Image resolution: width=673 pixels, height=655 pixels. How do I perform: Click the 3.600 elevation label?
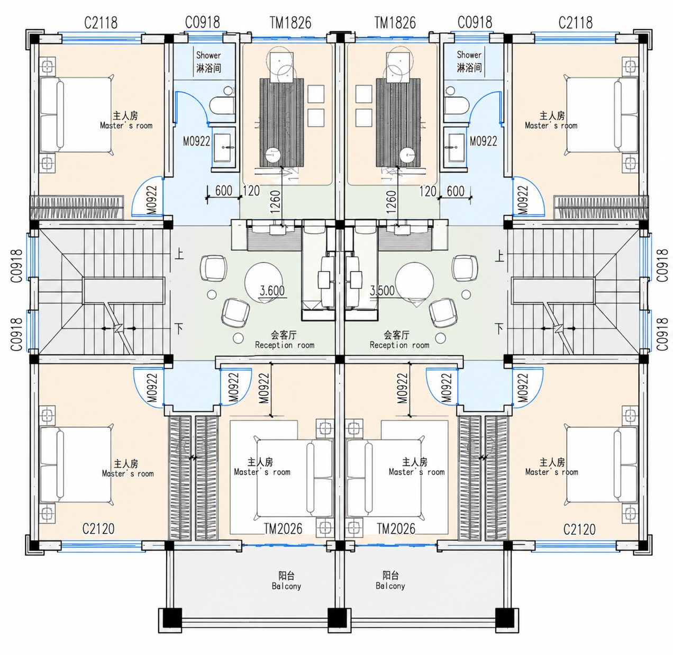tap(272, 291)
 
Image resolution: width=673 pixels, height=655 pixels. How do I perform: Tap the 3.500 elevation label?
tap(382, 291)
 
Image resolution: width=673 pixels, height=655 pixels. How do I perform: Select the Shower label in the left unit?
tap(208, 56)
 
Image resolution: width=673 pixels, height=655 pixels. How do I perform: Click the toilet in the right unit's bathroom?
tap(456, 105)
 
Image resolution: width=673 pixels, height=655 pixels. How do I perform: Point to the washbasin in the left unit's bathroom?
tap(222, 148)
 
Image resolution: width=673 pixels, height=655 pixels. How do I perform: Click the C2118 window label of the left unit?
tap(101, 23)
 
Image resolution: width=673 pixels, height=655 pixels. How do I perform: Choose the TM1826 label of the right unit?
tap(395, 23)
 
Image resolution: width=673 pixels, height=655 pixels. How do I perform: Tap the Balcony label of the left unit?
tap(286, 586)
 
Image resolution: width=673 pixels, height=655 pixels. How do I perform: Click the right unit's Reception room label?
tap(399, 345)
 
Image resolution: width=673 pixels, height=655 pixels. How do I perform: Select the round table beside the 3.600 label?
tap(264, 282)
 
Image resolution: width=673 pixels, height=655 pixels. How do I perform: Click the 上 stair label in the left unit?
tap(179, 255)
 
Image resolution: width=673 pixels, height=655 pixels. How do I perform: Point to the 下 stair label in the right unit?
tap(499, 328)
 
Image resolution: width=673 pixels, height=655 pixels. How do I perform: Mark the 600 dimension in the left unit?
tap(223, 191)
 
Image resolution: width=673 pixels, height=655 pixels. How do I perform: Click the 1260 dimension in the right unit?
tap(390, 202)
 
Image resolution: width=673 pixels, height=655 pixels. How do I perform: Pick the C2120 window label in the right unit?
tap(580, 530)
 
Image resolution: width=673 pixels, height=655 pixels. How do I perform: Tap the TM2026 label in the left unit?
tap(283, 528)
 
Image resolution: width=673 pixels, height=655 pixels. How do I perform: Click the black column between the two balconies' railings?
tap(337, 617)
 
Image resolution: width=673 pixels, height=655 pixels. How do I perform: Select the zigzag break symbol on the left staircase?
tap(119, 328)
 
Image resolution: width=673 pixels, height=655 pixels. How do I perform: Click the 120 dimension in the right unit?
tap(428, 191)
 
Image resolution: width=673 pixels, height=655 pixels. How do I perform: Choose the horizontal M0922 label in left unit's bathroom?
tap(196, 141)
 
